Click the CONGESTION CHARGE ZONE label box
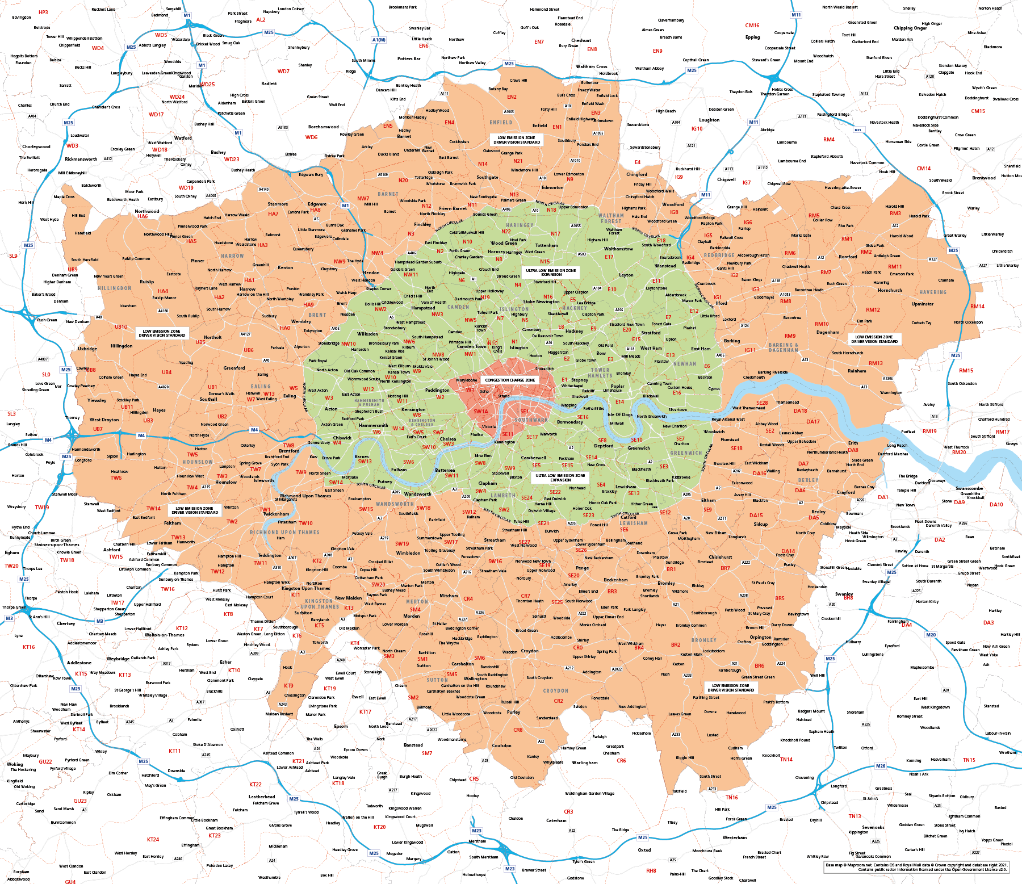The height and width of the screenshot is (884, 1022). click(510, 380)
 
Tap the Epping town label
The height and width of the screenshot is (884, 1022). click(752, 37)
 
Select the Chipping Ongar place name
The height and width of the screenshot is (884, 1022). click(910, 28)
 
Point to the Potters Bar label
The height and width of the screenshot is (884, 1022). click(409, 58)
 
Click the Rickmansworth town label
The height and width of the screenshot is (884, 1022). click(81, 159)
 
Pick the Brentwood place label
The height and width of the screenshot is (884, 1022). click(984, 178)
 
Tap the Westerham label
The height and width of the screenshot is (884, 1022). click(735, 837)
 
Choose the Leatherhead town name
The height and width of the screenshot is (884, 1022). click(262, 797)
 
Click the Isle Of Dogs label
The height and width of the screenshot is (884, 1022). click(620, 414)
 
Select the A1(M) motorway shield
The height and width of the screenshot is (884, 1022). click(379, 40)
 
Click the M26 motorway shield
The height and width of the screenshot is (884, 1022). click(880, 766)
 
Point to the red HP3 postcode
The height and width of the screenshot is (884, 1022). click(43, 12)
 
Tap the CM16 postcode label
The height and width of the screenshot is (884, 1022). click(752, 26)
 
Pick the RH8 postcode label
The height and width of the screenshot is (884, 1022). click(651, 870)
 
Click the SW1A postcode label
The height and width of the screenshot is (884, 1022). click(481, 412)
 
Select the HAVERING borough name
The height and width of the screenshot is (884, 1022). click(933, 292)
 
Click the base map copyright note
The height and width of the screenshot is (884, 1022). click(916, 867)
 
